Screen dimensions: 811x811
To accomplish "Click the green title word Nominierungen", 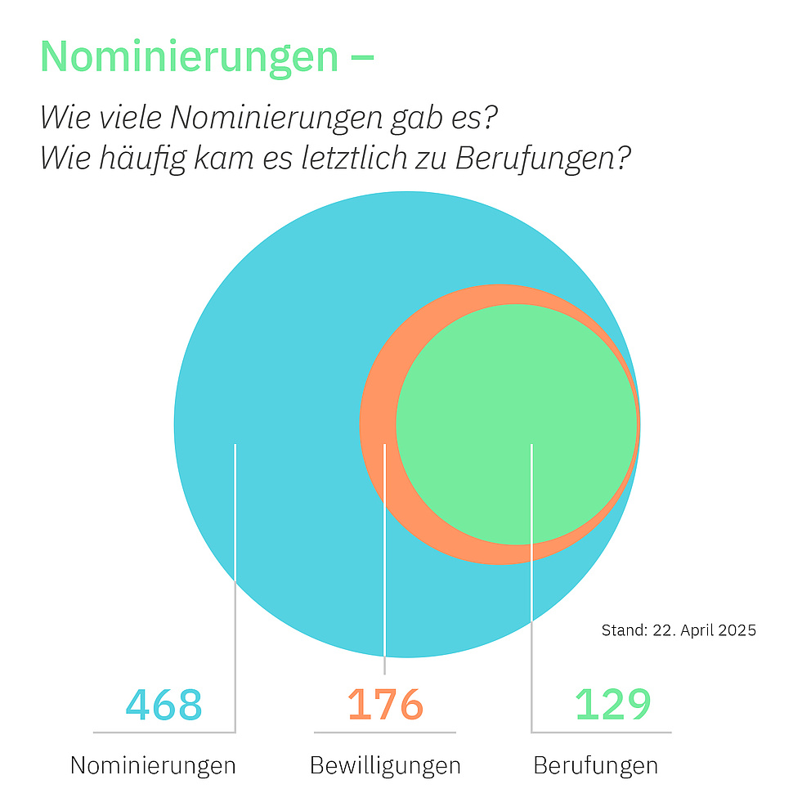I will point(189,56).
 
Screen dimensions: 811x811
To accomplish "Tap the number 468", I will point(164,704).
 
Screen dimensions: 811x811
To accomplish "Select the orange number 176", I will point(385,704).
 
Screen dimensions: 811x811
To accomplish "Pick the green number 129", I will point(613,704).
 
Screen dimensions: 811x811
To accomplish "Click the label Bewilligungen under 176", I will point(385,766).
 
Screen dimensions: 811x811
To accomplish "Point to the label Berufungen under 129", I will point(595,766).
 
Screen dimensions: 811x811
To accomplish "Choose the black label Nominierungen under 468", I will point(153,766).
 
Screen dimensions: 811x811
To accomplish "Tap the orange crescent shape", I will point(378,425).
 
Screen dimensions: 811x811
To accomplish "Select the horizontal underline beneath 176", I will point(385,732).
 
